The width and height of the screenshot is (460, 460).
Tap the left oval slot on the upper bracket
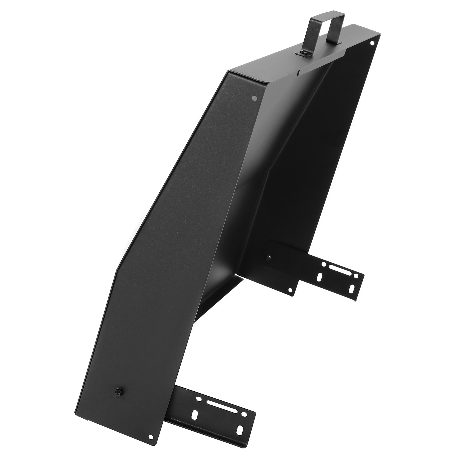[320, 277]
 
